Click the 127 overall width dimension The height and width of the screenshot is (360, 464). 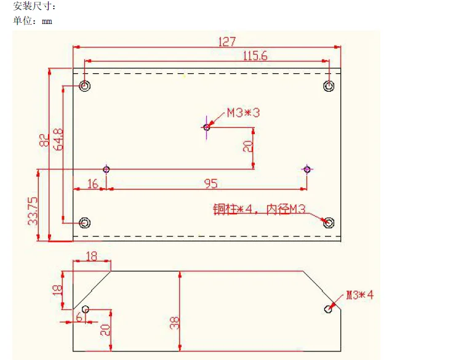click(227, 42)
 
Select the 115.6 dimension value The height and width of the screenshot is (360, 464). click(255, 55)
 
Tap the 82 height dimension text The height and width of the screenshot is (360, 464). click(44, 140)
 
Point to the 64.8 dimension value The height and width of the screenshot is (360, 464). click(58, 139)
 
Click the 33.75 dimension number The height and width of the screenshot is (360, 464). click(33, 211)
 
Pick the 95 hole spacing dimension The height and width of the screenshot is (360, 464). click(211, 184)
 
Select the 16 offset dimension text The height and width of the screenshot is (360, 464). click(93, 184)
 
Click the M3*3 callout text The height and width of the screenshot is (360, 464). click(243, 113)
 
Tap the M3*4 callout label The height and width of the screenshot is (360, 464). click(360, 295)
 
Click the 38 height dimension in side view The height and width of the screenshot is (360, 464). click(175, 322)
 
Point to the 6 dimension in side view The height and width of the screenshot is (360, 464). click(79, 318)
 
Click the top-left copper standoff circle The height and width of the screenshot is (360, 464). click(85, 86)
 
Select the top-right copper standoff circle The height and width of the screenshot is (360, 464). click(329, 86)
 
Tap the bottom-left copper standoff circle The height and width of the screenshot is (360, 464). click(85, 222)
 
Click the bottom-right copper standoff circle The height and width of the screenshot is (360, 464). click(329, 222)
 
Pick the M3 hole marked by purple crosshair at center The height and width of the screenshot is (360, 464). click(207, 127)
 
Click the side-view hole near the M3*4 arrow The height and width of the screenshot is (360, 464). click(328, 309)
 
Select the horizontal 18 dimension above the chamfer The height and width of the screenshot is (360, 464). click(92, 256)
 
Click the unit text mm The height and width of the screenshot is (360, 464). click(47, 22)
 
